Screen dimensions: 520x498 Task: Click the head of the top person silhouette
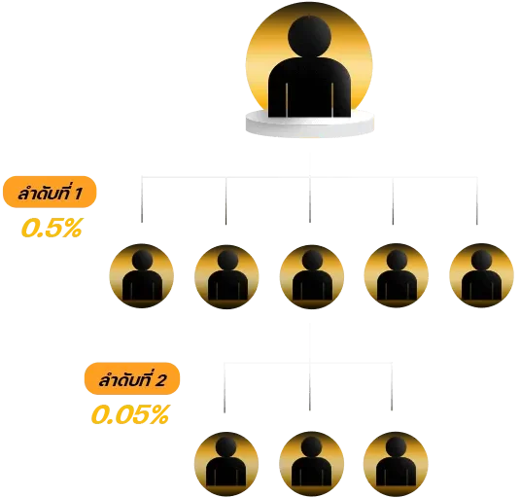click(309, 36)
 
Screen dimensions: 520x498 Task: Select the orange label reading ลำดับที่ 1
click(50, 193)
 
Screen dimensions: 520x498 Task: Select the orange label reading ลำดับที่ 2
click(132, 378)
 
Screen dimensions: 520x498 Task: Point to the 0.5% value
click(52, 228)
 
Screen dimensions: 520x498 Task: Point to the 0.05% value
click(130, 414)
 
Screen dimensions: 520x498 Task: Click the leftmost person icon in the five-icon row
click(142, 275)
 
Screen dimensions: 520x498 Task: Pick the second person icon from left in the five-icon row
click(226, 276)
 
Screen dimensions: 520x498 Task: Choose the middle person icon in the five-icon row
click(312, 276)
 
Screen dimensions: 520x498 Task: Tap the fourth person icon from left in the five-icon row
click(397, 275)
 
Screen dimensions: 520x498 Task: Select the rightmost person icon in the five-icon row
click(481, 275)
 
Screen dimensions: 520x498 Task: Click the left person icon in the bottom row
click(226, 464)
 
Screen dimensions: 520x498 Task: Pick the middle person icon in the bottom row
click(311, 464)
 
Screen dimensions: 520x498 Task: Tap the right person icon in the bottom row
click(396, 464)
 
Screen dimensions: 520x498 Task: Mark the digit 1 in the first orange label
click(79, 195)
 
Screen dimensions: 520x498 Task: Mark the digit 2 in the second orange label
click(160, 380)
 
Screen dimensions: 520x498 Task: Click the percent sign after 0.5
click(72, 228)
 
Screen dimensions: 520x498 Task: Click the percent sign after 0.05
click(159, 414)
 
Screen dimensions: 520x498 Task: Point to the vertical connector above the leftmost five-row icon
click(142, 199)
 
